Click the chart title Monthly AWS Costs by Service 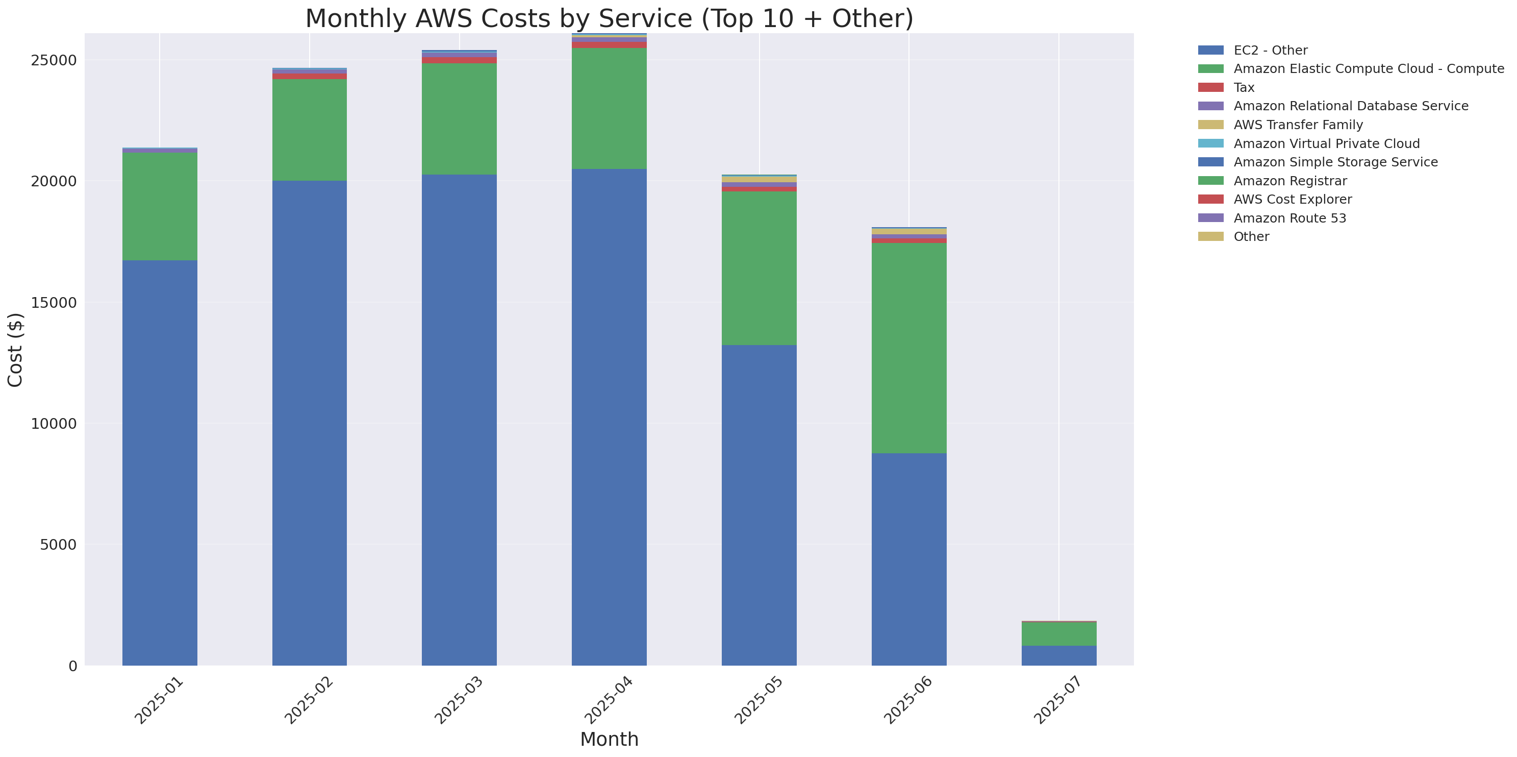coord(609,19)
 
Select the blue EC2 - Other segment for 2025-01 coord(160,462)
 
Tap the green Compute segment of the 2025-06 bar coord(908,348)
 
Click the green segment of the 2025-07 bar coord(1058,634)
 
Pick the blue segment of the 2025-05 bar coord(759,505)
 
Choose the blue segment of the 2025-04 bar coord(609,417)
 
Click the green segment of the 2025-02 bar coord(309,130)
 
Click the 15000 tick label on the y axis coord(54,303)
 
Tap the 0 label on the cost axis coord(72,666)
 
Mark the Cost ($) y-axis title coord(15,350)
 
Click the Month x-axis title coord(609,739)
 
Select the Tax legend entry coord(1244,88)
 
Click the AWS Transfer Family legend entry coord(1298,125)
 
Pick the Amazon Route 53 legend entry coord(1290,218)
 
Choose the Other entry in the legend coord(1251,237)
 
